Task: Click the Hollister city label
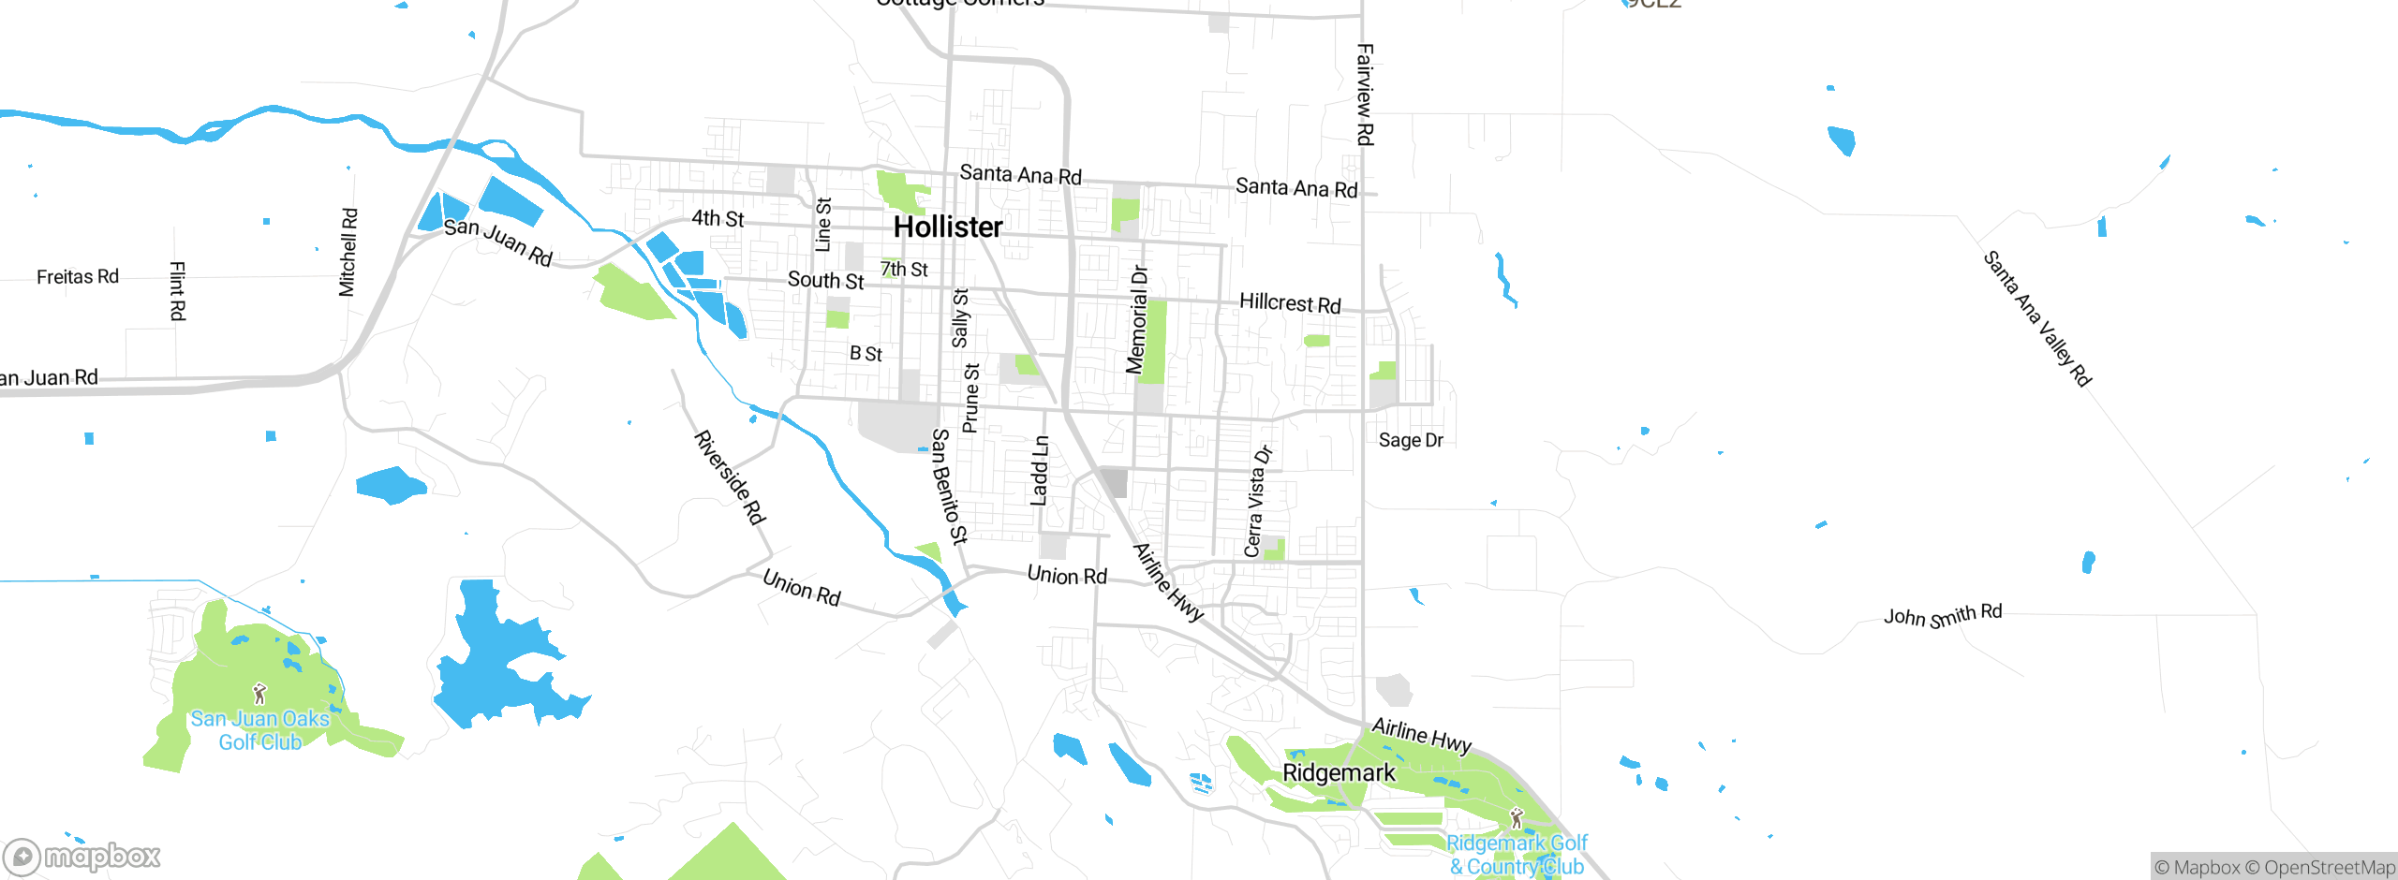tap(947, 227)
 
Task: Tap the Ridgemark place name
tap(1338, 773)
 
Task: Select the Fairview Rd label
tap(1365, 95)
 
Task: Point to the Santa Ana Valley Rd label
tap(2036, 318)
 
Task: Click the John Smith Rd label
tap(1942, 615)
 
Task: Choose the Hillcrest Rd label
tap(1289, 302)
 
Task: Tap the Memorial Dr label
tap(1137, 319)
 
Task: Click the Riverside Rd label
tap(730, 477)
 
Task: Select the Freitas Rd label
tap(78, 277)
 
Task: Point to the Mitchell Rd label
tap(348, 253)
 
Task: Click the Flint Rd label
tap(177, 291)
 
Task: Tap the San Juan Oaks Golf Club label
tap(259, 730)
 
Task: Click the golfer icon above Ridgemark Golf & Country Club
tap(1517, 818)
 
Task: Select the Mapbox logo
tap(81, 856)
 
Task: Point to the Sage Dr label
tap(1410, 440)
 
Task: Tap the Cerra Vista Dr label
tap(1257, 502)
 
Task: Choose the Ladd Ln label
tap(1040, 471)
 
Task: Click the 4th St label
tap(718, 218)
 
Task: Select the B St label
tap(866, 354)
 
